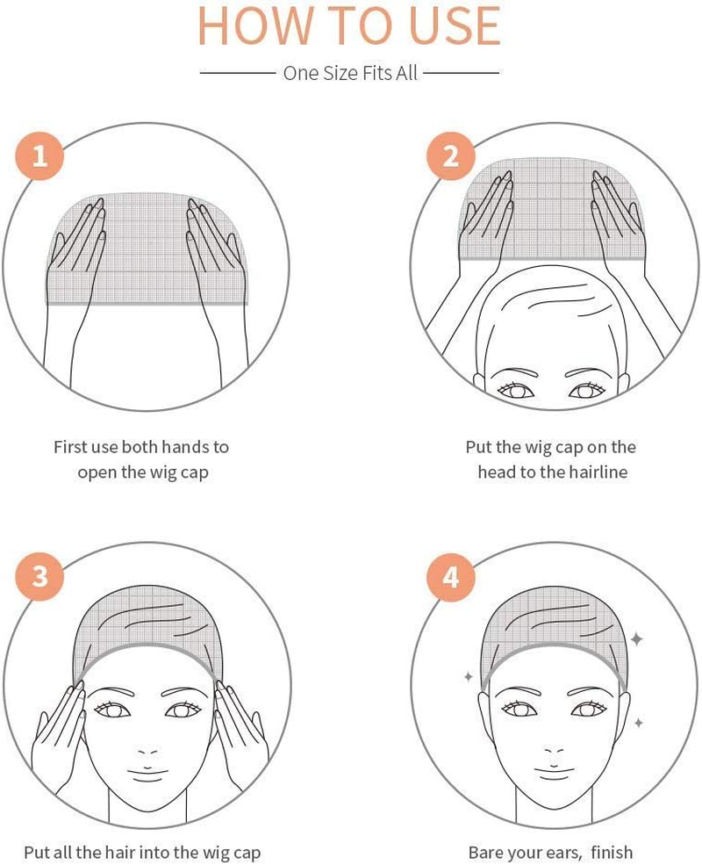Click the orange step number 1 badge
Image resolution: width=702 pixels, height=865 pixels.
click(39, 156)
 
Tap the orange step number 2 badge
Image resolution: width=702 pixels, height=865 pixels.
click(451, 156)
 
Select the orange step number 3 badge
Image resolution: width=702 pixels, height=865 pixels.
click(39, 577)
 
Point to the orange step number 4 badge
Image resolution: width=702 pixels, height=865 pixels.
click(451, 577)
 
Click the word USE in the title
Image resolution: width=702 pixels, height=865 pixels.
click(455, 26)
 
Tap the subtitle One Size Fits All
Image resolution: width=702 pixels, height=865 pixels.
click(350, 73)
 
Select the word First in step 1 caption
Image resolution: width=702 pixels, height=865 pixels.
click(70, 446)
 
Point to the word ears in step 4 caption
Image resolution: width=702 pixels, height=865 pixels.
click(566, 853)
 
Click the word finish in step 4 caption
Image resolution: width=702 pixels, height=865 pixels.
click(612, 852)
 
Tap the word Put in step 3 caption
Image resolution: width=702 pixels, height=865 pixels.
click(37, 853)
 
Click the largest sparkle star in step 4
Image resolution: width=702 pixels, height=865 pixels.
click(636, 639)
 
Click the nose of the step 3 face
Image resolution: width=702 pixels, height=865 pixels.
click(147, 751)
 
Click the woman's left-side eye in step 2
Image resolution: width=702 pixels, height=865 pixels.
click(516, 390)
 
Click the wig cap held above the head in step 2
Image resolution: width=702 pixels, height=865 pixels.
click(552, 209)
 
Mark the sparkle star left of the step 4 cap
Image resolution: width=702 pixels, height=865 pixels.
click(469, 676)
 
